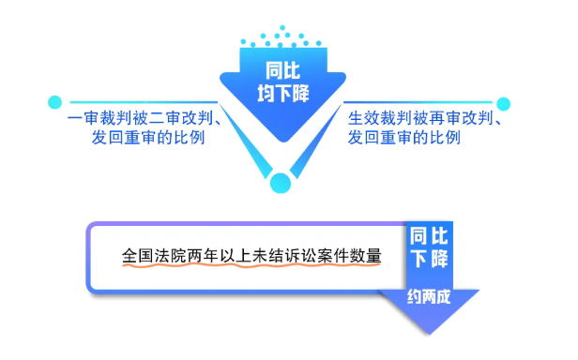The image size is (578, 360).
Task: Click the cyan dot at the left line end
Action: pyautogui.click(x=55, y=101)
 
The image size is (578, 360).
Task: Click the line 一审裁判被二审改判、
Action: pyautogui.click(x=145, y=120)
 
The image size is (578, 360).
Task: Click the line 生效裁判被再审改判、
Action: pyautogui.click(x=422, y=120)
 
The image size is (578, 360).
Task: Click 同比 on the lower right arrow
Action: pyautogui.click(x=429, y=234)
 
